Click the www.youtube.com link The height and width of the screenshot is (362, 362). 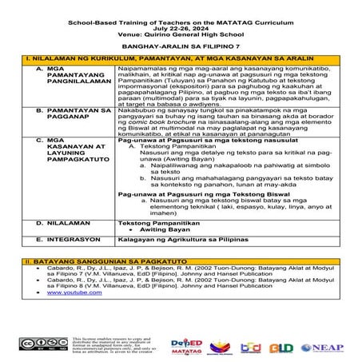tap(69, 292)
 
